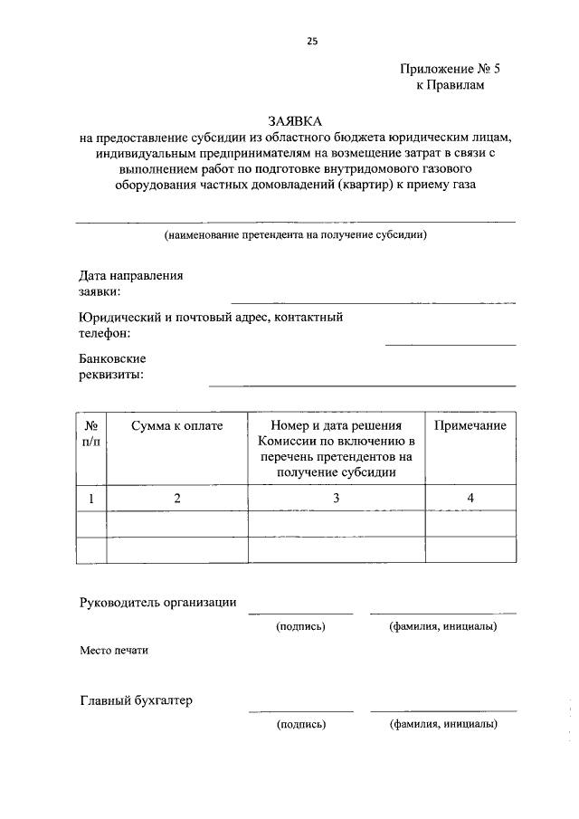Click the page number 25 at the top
[313, 41]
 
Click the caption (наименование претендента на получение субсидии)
[295, 235]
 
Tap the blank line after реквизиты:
[362, 385]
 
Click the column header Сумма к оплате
[176, 426]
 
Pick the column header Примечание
[470, 426]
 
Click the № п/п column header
[91, 433]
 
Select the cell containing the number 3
[336, 499]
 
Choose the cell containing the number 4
[470, 499]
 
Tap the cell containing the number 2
[176, 499]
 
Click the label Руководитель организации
[158, 602]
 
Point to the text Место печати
[113, 650]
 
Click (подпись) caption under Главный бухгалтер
[301, 724]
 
